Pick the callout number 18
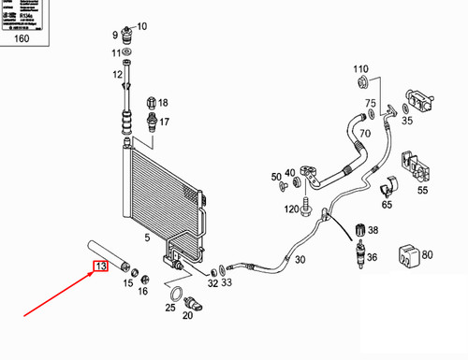point(162,103)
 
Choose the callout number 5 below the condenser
point(147,238)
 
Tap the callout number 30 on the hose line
point(299,261)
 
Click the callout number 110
point(361,70)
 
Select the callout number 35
point(407,121)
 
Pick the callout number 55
point(422,190)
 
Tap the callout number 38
point(373,230)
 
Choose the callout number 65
point(387,204)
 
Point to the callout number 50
point(276,177)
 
